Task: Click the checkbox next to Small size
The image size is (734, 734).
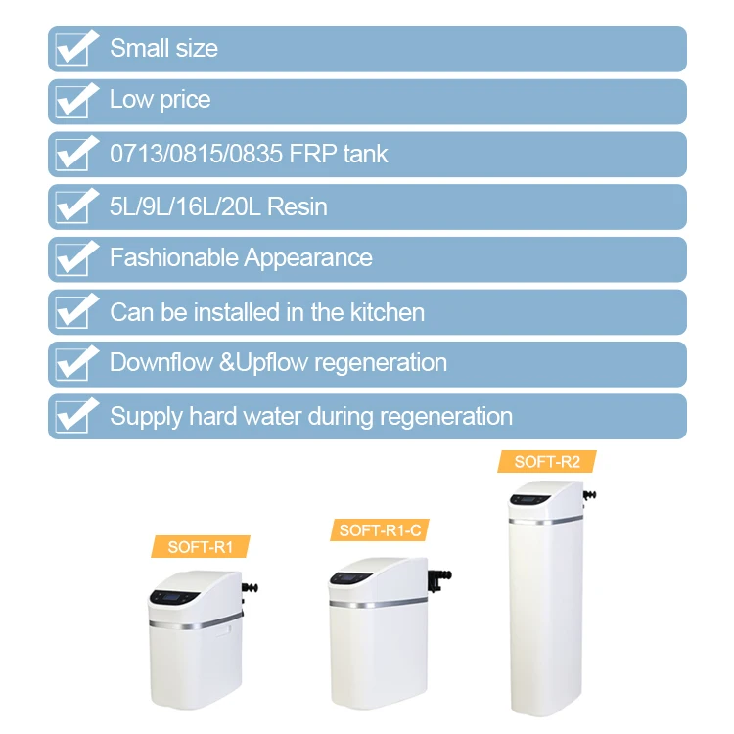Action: tap(75, 48)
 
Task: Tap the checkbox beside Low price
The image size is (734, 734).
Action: tap(75, 101)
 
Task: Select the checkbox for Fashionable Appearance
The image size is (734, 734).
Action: tap(75, 258)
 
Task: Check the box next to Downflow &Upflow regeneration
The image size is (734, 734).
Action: tap(75, 363)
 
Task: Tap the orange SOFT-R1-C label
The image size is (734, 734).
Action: tap(379, 530)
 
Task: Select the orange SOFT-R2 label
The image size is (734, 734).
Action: tap(547, 462)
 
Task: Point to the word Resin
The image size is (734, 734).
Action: tap(297, 206)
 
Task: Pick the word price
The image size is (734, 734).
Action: tap(183, 100)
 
